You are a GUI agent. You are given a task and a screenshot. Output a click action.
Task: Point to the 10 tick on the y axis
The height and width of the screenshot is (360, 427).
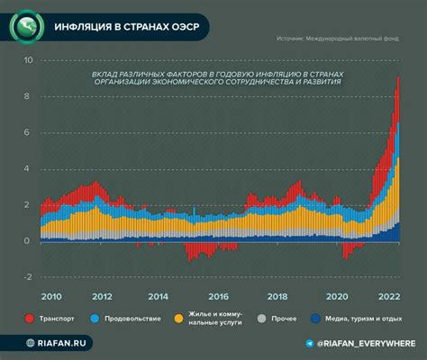(28, 61)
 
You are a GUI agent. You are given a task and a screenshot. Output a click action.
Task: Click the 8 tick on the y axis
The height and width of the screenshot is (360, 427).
(28, 97)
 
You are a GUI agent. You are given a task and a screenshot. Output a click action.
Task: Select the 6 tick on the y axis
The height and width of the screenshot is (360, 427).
(28, 133)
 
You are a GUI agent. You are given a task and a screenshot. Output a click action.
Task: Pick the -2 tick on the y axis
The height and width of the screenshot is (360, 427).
(27, 277)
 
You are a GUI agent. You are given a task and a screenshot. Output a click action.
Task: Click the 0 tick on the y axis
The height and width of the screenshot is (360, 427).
(28, 241)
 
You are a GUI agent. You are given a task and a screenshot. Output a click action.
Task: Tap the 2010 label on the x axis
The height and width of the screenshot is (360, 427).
(51, 296)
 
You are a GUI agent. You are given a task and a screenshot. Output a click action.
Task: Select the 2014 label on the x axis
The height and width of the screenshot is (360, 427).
(158, 296)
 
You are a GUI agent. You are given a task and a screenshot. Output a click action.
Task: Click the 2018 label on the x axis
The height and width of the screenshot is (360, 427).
(277, 296)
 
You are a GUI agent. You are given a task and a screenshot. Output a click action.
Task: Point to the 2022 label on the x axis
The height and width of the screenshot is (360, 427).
(388, 296)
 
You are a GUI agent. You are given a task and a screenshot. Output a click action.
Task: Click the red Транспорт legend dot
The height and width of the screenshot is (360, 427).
(31, 319)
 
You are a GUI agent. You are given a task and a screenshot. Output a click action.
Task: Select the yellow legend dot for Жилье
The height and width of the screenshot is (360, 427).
(177, 319)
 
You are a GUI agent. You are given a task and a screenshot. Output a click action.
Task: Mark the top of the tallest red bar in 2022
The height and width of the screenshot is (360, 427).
(399, 78)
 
